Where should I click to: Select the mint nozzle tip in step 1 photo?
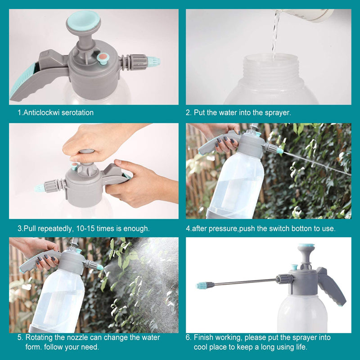(x=153, y=62)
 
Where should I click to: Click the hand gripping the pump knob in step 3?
(x=94, y=143)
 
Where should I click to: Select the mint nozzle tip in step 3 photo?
(x=40, y=188)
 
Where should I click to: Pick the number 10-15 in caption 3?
(x=85, y=229)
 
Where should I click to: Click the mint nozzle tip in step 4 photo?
(x=280, y=151)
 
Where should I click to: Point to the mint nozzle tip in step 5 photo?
(x=100, y=267)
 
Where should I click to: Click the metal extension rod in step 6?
(x=244, y=283)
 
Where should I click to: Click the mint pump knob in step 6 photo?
(x=306, y=246)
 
